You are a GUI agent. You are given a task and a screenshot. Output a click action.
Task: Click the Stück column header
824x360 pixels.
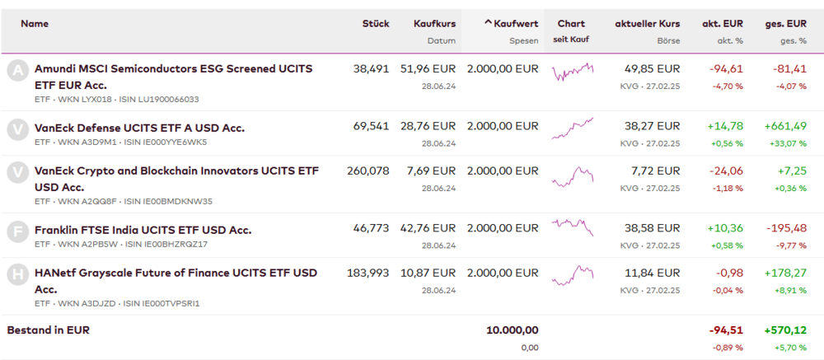point(375,24)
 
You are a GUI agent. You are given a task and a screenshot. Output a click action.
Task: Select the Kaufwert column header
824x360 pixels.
point(515,24)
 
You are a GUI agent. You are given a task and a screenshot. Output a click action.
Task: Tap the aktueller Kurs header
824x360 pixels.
point(647,24)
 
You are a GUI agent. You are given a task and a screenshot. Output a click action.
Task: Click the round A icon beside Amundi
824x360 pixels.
point(16,70)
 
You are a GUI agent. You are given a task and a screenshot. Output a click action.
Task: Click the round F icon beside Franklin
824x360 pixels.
point(16,231)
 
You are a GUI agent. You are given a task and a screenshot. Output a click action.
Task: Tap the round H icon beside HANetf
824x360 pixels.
point(16,274)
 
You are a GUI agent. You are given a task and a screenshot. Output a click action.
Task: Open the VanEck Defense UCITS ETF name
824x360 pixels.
point(139,128)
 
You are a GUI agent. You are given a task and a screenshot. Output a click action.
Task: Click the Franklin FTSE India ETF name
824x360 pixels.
point(143,230)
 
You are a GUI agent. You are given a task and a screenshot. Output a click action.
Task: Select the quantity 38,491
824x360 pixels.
point(371,69)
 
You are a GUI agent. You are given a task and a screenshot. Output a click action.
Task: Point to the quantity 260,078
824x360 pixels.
point(368,171)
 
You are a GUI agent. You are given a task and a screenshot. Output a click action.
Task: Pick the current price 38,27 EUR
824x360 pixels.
point(652,127)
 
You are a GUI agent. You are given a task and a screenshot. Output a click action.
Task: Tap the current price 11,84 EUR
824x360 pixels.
point(652,273)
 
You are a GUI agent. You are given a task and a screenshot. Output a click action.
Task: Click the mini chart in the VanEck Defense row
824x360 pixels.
point(572,128)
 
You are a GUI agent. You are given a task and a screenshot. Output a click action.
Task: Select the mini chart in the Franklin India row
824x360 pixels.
point(572,227)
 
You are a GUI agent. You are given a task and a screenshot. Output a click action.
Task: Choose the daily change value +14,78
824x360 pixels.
point(725,127)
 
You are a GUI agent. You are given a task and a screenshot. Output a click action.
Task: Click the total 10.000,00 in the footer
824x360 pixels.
point(512,330)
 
